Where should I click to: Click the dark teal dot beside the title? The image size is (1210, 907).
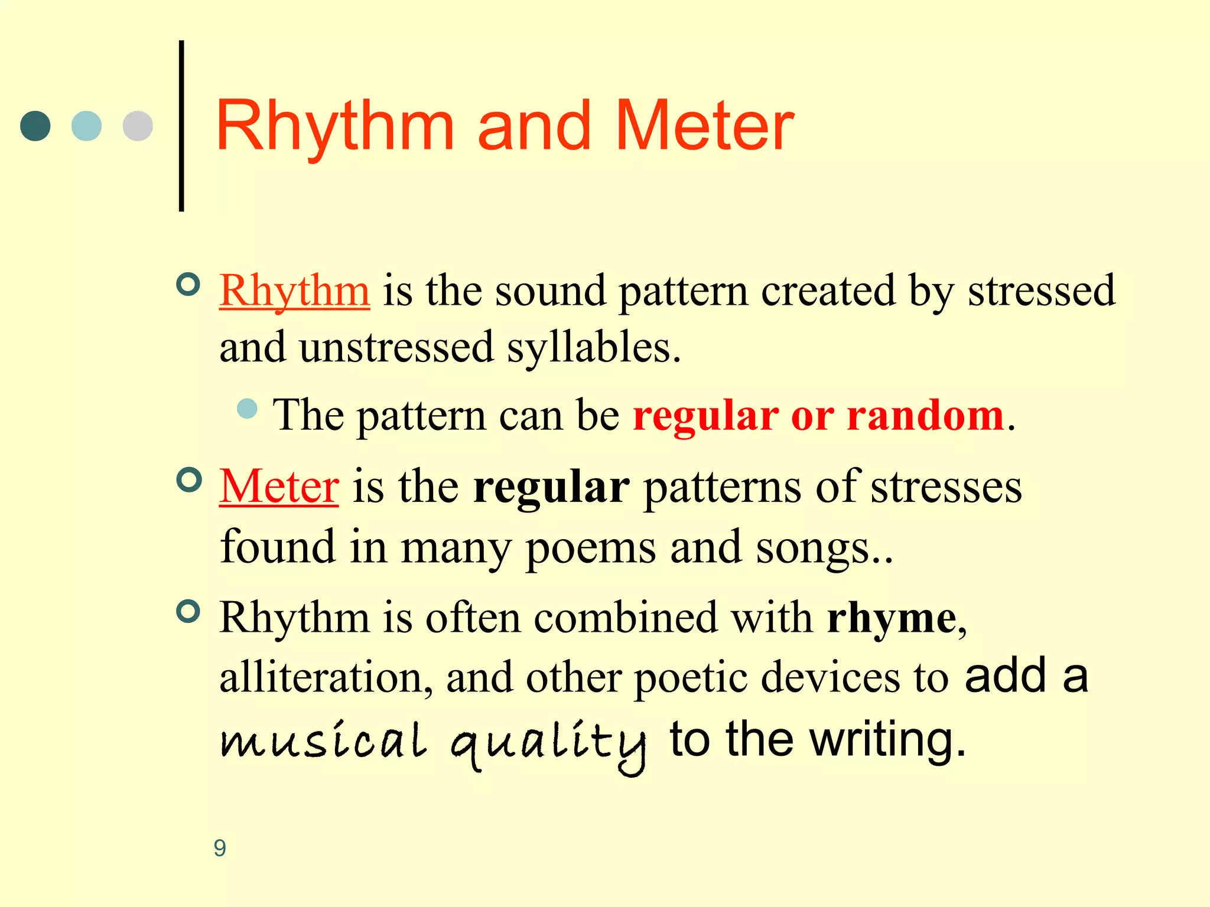pyautogui.click(x=35, y=126)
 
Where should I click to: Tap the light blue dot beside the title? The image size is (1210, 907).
pyautogui.click(x=86, y=126)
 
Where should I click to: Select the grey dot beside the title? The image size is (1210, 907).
pyautogui.click(x=138, y=126)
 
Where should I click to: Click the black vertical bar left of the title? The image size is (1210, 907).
pyautogui.click(x=181, y=126)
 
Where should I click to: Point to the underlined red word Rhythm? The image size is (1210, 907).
pyautogui.click(x=294, y=291)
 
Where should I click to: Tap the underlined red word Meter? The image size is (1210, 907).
pyautogui.click(x=279, y=487)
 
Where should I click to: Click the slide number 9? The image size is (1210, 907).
pyautogui.click(x=220, y=848)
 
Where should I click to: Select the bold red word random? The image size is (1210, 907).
pyautogui.click(x=925, y=416)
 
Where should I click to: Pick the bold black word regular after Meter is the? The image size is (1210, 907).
pyautogui.click(x=551, y=488)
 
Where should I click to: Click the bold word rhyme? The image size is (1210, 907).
pyautogui.click(x=892, y=618)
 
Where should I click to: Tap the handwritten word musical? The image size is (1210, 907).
pyautogui.click(x=323, y=741)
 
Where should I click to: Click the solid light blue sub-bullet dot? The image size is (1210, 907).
pyautogui.click(x=247, y=409)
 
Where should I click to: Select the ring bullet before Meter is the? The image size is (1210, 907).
pyautogui.click(x=188, y=479)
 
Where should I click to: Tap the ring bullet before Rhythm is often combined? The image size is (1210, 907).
pyautogui.click(x=188, y=611)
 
